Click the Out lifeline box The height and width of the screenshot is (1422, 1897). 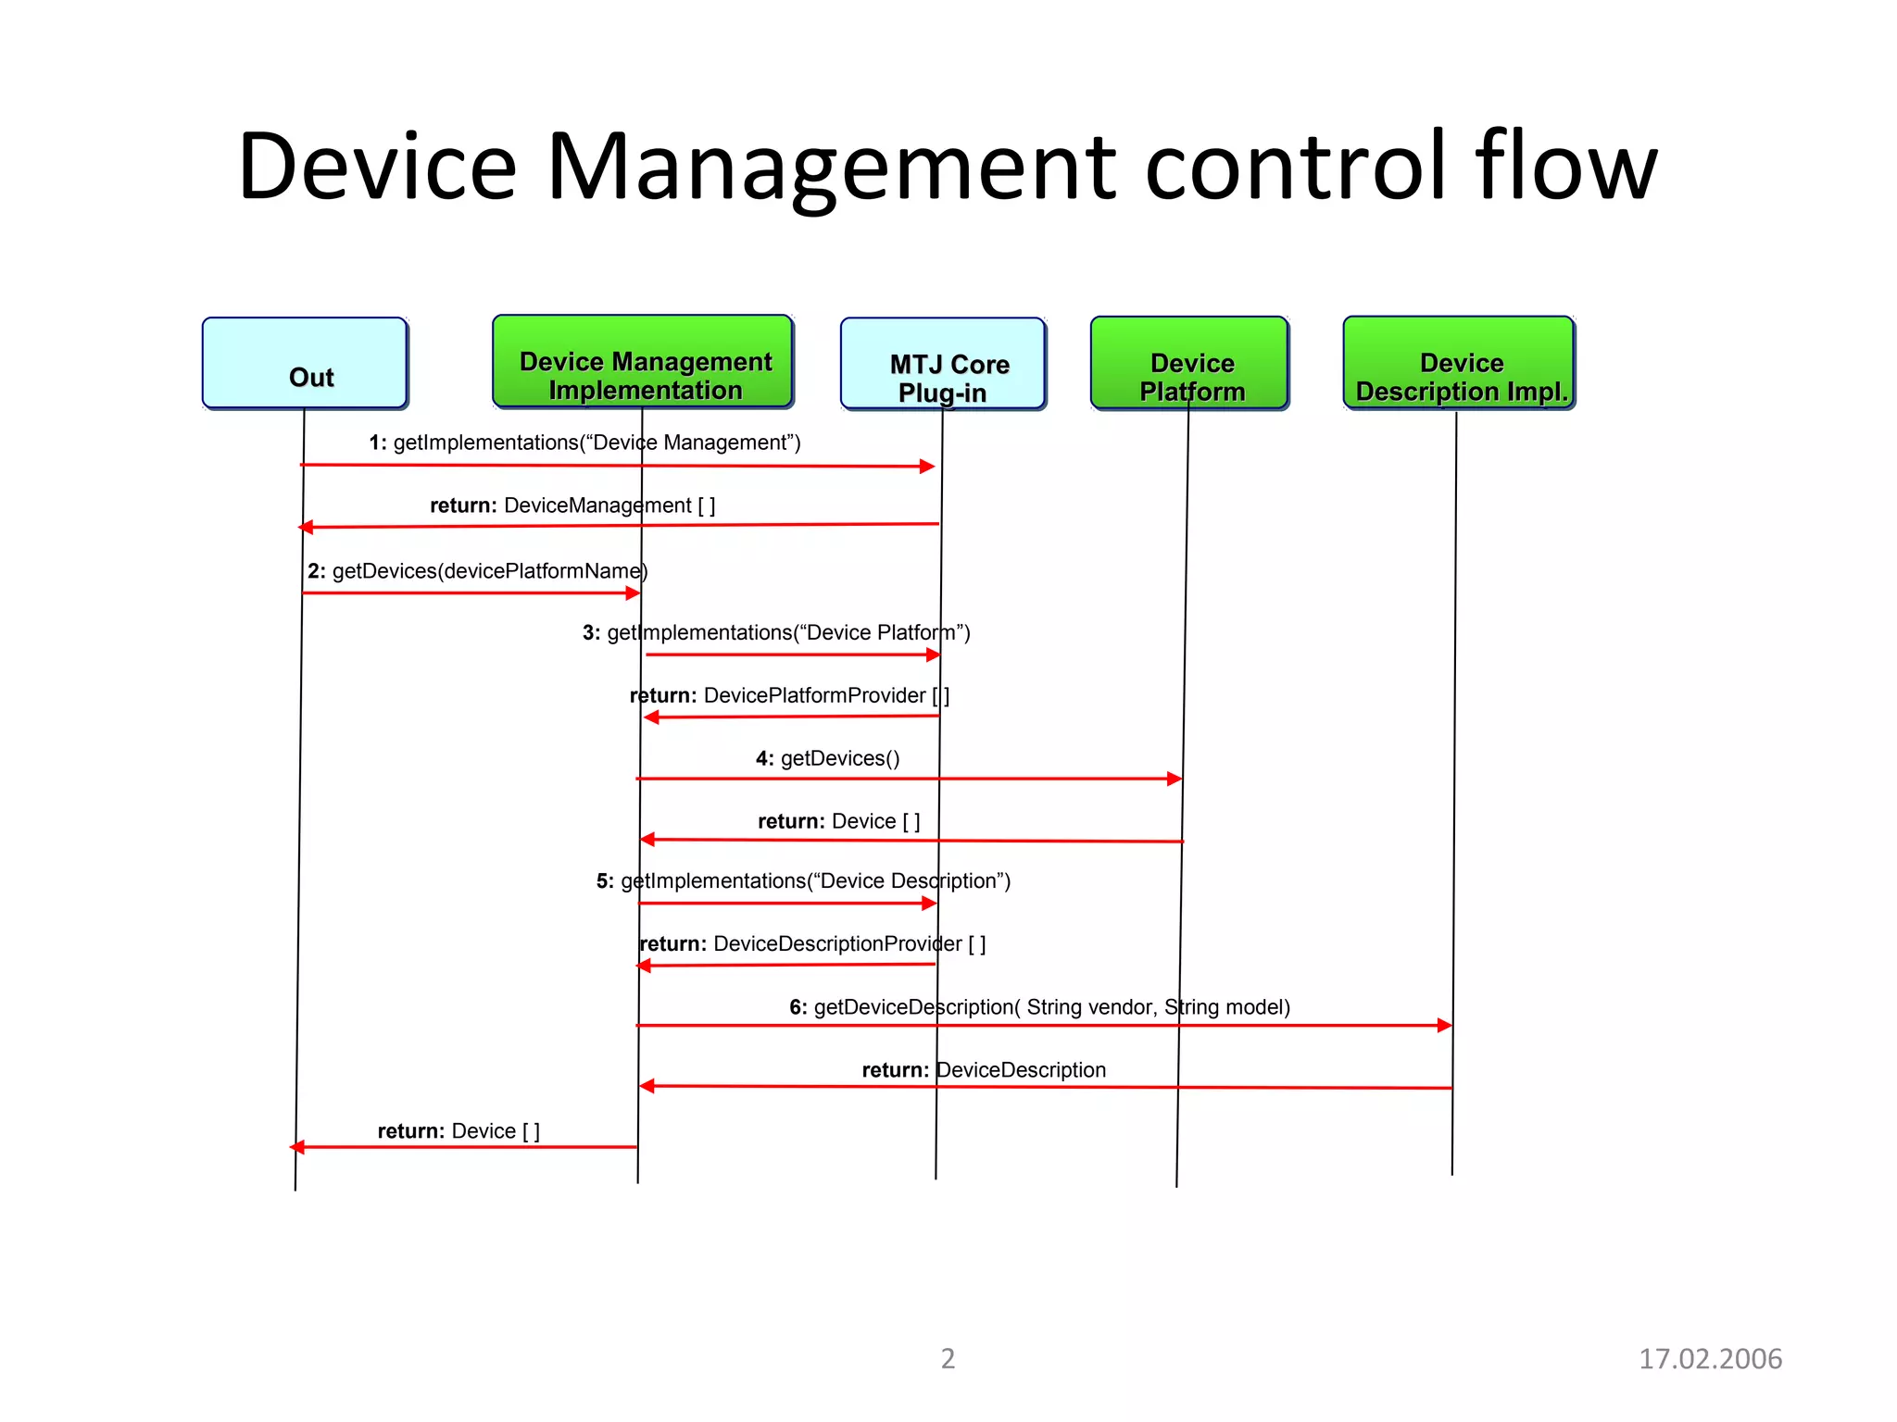[305, 363]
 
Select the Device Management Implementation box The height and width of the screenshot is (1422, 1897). [643, 362]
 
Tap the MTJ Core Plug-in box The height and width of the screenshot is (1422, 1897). [943, 364]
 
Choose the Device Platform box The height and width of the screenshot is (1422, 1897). [1189, 363]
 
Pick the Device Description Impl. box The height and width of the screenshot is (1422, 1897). [1459, 363]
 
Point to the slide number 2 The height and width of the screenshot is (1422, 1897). [948, 1358]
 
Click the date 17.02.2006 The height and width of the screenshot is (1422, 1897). [1710, 1358]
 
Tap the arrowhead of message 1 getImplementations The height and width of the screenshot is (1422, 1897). [927, 467]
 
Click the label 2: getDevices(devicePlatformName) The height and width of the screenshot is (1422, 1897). [477, 571]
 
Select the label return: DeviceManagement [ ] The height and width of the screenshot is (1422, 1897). [572, 505]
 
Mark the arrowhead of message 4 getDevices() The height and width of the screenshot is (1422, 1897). [1175, 779]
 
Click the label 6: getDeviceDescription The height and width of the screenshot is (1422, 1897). [1039, 1007]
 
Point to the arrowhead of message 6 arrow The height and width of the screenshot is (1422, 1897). [1444, 1025]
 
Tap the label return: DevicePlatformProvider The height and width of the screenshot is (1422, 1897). [789, 695]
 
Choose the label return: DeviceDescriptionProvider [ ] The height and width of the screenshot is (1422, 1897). [812, 944]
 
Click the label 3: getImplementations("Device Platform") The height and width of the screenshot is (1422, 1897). [776, 633]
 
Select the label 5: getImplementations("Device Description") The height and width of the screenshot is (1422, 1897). [803, 881]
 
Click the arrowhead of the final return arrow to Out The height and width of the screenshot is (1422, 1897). [297, 1147]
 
